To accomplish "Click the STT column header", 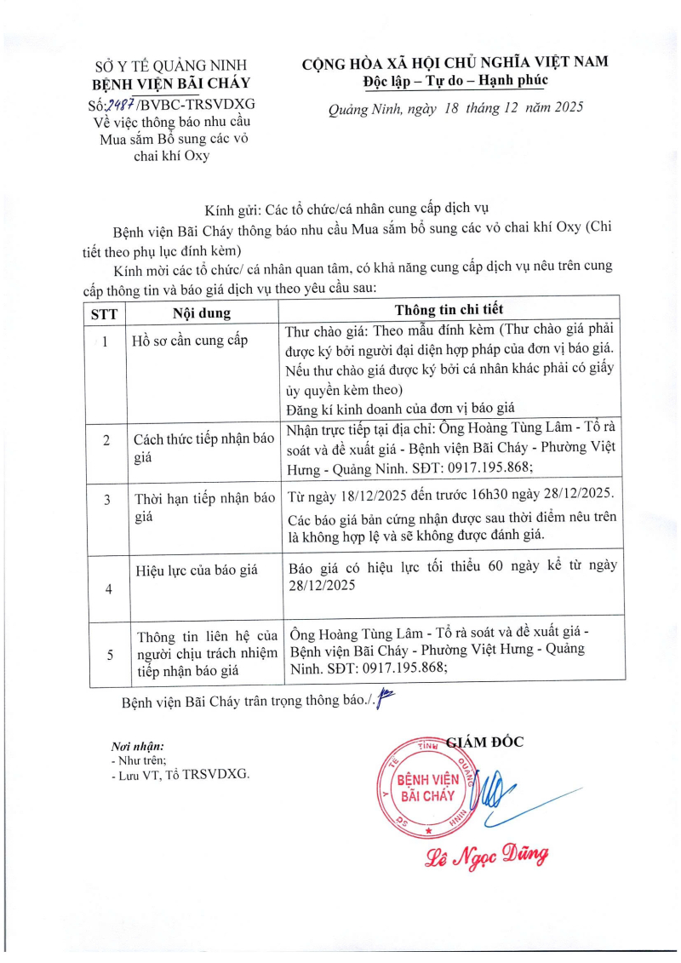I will (x=104, y=312).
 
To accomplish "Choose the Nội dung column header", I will (x=202, y=312).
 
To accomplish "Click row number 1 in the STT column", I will (x=105, y=341).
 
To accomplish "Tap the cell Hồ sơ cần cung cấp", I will (x=189, y=341).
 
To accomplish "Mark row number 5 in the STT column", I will (x=108, y=654).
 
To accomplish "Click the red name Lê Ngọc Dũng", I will (x=487, y=855).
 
